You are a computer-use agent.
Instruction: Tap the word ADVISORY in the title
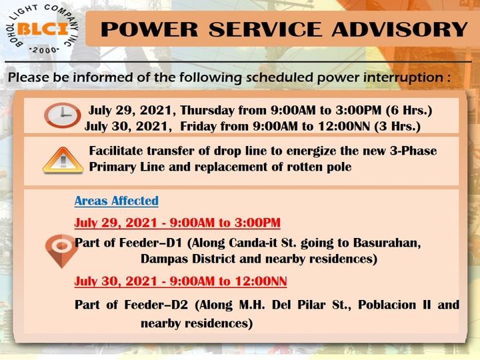click(x=400, y=29)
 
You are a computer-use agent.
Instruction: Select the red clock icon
click(x=63, y=115)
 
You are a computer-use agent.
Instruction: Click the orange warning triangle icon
click(x=63, y=161)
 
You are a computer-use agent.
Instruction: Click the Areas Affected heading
click(x=117, y=201)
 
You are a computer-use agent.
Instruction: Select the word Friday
click(x=198, y=127)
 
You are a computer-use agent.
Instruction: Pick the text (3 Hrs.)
click(x=397, y=127)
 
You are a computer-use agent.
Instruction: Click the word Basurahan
click(x=387, y=243)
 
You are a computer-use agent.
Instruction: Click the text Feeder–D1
click(x=150, y=243)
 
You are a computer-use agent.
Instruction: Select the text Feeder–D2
click(x=156, y=305)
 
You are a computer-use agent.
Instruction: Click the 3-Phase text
click(x=413, y=151)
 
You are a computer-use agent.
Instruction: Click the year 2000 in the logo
click(x=45, y=50)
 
